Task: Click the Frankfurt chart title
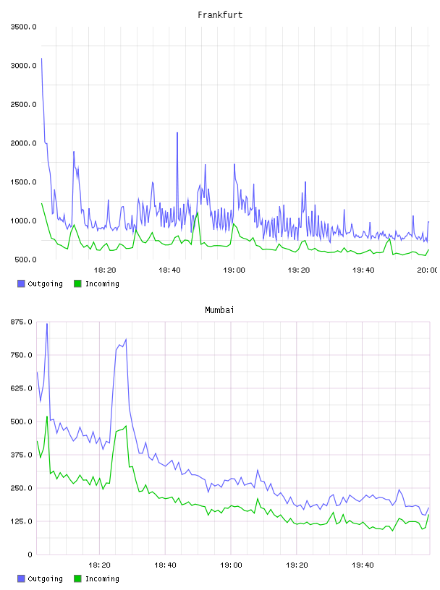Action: point(220,14)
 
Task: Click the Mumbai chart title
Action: point(219,309)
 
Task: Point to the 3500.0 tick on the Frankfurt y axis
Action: point(23,27)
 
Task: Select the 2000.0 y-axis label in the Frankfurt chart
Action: point(23,143)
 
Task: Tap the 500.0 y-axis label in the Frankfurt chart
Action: point(25,260)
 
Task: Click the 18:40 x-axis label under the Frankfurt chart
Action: point(169,270)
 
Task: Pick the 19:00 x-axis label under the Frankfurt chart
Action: point(234,270)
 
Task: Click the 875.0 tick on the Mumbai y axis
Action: point(22,322)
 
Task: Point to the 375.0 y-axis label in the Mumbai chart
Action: point(22,455)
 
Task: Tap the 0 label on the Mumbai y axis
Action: point(30,555)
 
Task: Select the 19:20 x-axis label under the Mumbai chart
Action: point(297,565)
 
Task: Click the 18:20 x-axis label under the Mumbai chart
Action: point(99,565)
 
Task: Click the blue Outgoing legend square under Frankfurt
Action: point(21,283)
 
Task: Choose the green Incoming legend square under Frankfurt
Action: point(77,283)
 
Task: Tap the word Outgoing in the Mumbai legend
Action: point(45,578)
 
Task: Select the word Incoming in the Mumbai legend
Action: point(102,578)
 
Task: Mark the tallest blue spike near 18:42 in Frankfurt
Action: point(177,133)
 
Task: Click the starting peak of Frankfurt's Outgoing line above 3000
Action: point(41,59)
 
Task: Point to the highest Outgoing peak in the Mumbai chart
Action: point(47,324)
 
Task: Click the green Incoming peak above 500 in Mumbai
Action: point(47,416)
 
